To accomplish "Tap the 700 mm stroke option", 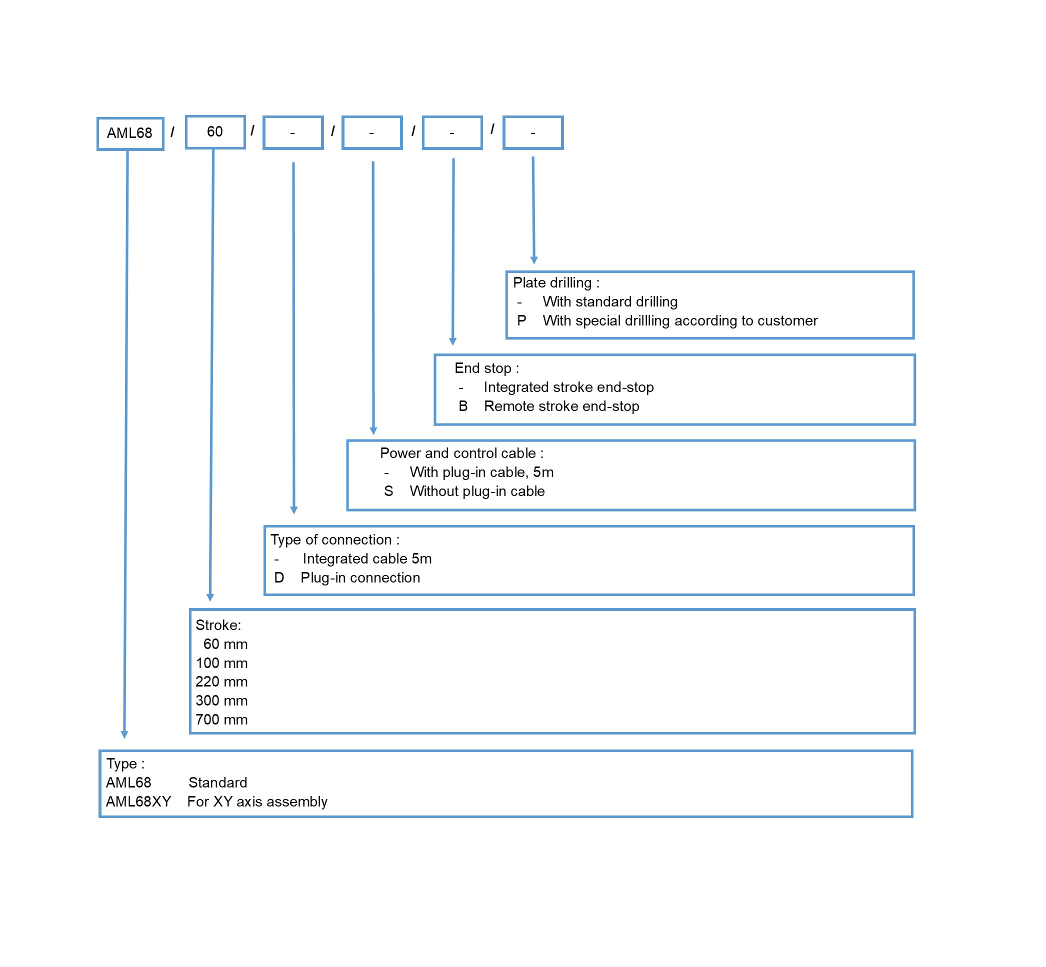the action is click(221, 719).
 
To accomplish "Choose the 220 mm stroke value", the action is click(221, 682).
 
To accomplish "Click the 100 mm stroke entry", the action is click(221, 663).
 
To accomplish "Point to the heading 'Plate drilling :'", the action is click(556, 282).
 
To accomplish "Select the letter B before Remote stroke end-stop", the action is click(463, 406).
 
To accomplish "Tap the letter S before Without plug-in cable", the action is click(388, 491).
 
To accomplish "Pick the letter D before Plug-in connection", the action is click(279, 577).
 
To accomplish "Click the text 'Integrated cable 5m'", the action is click(367, 559).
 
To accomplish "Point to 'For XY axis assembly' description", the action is click(257, 801).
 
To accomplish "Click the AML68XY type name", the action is click(138, 801).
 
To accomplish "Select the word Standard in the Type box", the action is click(217, 783).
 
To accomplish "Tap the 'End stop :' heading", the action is click(486, 368).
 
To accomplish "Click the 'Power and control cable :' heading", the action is click(461, 453).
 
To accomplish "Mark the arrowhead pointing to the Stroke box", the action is click(210, 598).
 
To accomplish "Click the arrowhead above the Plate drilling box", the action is click(533, 260).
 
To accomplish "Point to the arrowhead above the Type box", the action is click(124, 734).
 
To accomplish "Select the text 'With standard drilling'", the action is click(610, 301).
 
